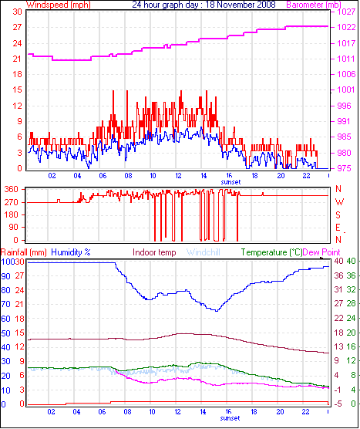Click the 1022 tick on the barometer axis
click(x=345, y=26)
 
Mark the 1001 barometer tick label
click(x=345, y=90)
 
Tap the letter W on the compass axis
click(x=339, y=202)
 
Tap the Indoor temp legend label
click(x=154, y=252)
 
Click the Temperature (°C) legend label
click(x=271, y=252)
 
